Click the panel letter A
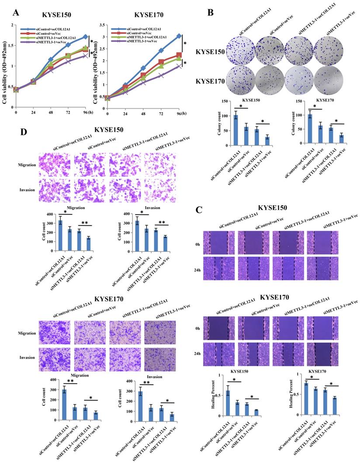(17, 13)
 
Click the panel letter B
(210, 13)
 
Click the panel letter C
(199, 210)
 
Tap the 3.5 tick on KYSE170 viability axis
(100, 26)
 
